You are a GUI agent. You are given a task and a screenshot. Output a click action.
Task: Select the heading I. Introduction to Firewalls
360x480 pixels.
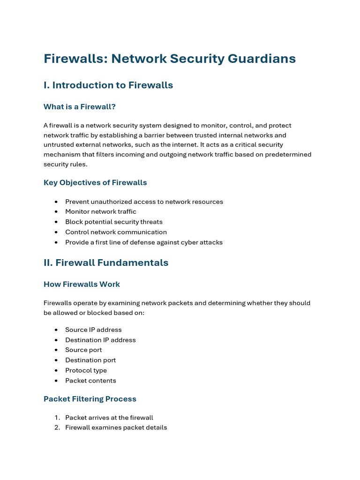108,85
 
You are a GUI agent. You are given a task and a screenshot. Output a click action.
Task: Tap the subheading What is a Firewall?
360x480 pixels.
80,107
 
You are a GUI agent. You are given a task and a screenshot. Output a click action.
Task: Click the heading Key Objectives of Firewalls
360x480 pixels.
95,183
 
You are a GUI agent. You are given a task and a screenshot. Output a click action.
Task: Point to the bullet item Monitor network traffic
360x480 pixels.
101,212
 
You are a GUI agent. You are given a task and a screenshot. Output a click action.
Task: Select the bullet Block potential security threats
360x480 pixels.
114,222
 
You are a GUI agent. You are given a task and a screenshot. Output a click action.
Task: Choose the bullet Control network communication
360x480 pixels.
116,232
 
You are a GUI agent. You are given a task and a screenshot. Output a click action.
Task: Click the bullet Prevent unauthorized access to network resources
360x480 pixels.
144,202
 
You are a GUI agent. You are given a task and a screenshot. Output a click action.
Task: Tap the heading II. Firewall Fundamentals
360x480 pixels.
106,263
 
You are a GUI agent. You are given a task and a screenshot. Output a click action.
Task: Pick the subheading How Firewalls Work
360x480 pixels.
82,285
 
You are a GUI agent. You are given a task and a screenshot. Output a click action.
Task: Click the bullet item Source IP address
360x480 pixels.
93,330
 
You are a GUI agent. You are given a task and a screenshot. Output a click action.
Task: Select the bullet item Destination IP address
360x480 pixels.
100,340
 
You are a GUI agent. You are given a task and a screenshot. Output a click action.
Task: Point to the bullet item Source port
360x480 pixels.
83,350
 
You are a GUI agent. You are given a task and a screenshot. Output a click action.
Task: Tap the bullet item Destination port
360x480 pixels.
90,360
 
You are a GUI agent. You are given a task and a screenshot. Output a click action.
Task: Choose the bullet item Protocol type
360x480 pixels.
86,370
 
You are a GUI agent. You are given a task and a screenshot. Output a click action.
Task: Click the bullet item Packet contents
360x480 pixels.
90,381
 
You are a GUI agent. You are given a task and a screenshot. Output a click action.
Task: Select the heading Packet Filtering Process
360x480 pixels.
90,399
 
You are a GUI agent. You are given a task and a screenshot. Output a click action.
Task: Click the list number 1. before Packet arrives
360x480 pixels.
57,418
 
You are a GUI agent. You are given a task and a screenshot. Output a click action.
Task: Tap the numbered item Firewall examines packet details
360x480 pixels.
116,427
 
